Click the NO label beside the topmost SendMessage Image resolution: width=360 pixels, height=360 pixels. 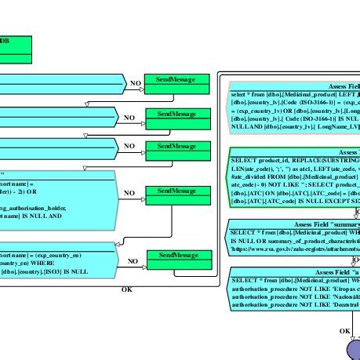[135, 82]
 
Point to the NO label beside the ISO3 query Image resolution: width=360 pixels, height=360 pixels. [133, 262]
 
